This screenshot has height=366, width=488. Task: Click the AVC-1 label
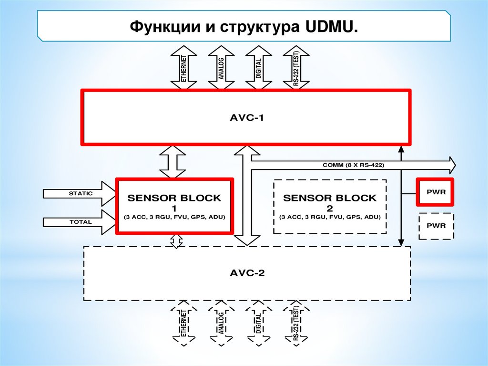point(246,117)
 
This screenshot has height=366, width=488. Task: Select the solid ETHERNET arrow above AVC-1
point(183,68)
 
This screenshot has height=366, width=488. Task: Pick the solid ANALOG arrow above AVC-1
point(221,68)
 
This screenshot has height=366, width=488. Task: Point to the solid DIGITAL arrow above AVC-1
point(258,68)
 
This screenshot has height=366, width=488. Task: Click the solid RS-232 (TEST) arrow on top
point(295,68)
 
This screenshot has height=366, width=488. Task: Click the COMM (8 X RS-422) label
point(353,165)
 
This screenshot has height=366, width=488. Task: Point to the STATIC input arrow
point(79,193)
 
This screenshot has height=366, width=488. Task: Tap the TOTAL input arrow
point(79,222)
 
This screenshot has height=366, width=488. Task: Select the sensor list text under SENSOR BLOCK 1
point(175,218)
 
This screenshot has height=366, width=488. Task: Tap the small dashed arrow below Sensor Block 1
point(177,241)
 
